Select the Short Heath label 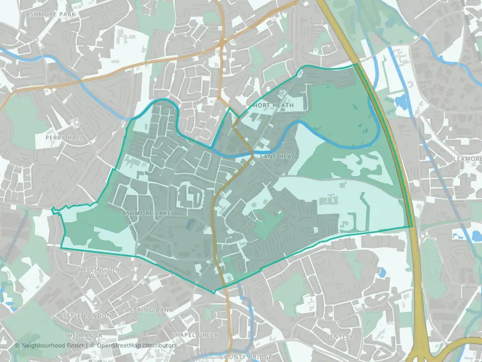272,105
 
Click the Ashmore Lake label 146,214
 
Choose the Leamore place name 467,158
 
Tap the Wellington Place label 98,273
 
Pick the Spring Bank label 151,310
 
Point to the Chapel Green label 195,335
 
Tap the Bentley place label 339,336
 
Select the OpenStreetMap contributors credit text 137,346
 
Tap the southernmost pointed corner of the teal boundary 214,293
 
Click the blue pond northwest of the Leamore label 403,103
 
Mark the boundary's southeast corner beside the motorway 412,226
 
